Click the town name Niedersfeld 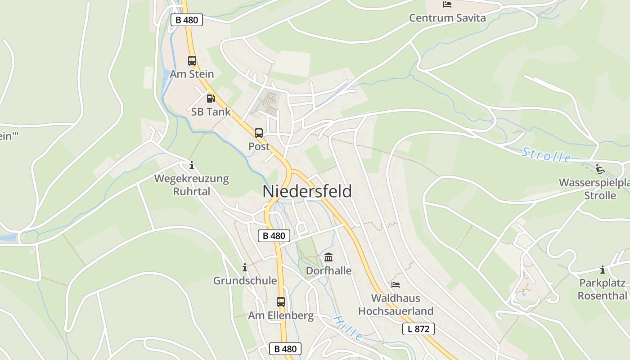(307, 191)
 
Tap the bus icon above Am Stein (192, 60)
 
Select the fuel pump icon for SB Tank (211, 98)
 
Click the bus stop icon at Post (259, 133)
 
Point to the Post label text (259, 146)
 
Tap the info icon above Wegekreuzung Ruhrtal (192, 165)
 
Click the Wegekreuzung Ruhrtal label (192, 185)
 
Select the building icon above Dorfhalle (328, 257)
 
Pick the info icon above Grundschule (245, 267)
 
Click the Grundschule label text (245, 281)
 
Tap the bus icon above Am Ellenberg (281, 301)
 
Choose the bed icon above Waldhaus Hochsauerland (396, 284)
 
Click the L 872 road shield (418, 329)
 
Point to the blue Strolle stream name (546, 155)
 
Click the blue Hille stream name (348, 327)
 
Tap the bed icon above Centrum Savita (447, 4)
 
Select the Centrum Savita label (447, 18)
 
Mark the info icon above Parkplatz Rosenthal (603, 270)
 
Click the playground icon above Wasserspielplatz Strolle (600, 169)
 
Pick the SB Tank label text (211, 112)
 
